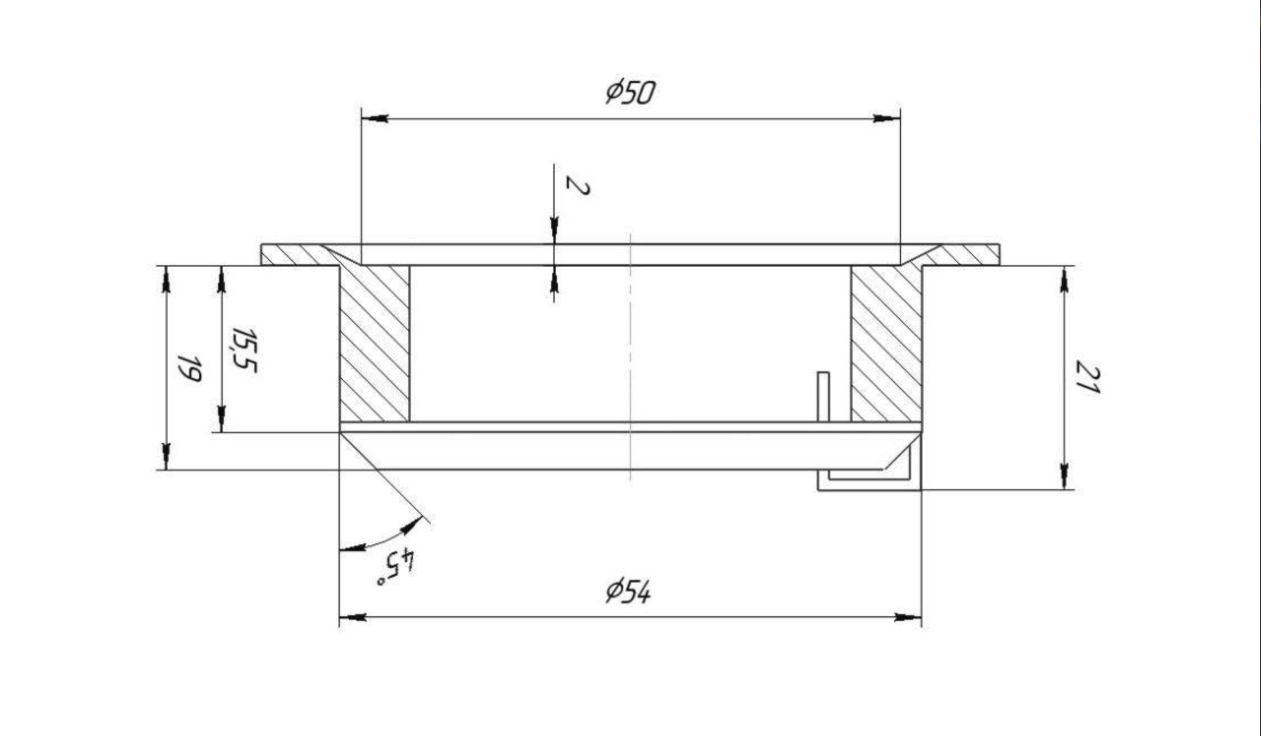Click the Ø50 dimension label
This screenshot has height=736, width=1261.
coord(630,93)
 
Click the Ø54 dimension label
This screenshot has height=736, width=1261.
coord(628,591)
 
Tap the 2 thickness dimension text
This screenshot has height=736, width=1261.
coord(577,185)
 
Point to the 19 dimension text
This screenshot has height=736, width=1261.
coord(190,368)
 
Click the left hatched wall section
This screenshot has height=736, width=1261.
coord(375,343)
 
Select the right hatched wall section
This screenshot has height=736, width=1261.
coord(886,343)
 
